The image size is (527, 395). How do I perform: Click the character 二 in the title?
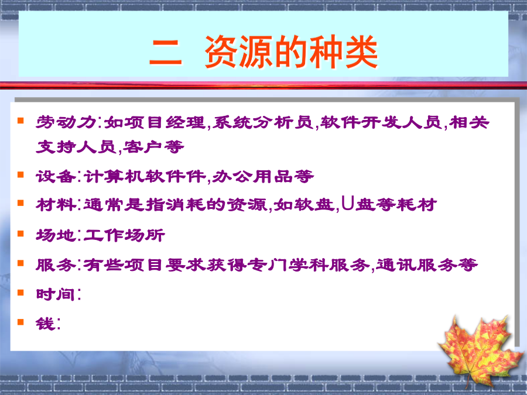[165, 52]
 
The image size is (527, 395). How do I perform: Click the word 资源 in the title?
[239, 51]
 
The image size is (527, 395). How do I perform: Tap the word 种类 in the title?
[343, 51]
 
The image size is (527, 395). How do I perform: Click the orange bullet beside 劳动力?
[20, 120]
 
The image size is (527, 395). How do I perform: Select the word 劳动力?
[66, 122]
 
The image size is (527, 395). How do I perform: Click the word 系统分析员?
[263, 122]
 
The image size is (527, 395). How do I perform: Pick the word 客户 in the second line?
[143, 147]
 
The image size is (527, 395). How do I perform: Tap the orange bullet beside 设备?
[20, 174]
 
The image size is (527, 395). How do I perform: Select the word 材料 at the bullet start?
[56, 205]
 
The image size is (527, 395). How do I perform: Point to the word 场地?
[56, 235]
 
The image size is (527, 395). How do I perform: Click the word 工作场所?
[124, 235]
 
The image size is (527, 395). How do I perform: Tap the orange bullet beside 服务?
[20, 263]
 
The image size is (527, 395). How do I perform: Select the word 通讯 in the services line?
[396, 265]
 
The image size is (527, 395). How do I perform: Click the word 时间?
[56, 294]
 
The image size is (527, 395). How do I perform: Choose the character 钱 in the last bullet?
[45, 324]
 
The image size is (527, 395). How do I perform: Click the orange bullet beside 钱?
[20, 322]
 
